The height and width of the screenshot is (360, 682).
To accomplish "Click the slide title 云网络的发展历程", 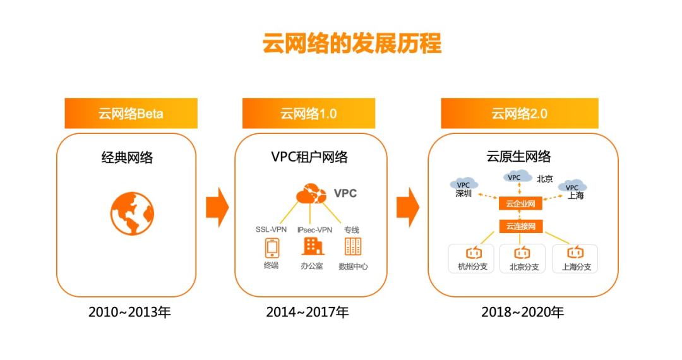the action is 352,43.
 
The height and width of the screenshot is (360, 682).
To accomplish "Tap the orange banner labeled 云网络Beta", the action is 131,114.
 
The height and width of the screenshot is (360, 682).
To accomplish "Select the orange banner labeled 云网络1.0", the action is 308,114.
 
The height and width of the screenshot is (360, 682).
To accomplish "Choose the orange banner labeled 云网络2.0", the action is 519,114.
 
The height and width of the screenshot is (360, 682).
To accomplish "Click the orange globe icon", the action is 132,213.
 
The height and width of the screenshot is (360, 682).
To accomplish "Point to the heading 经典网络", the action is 127,157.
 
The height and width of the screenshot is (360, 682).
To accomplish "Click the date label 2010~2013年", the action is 129,312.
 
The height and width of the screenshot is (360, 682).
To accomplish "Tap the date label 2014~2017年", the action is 308,312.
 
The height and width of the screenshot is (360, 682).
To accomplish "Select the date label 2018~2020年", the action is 522,312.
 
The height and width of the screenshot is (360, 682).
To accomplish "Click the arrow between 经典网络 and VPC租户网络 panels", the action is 217,207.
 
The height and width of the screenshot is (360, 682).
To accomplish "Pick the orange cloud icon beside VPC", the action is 311,194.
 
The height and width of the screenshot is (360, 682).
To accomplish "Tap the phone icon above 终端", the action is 272,248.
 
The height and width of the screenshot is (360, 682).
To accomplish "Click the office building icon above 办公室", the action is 313,246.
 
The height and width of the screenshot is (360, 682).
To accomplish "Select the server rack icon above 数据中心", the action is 353,246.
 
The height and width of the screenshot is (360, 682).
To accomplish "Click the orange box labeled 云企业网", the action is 520,203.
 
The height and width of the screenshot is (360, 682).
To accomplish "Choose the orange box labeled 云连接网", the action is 520,226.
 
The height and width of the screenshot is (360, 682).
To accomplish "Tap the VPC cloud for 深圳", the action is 464,184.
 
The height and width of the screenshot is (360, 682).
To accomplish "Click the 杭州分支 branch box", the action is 471,259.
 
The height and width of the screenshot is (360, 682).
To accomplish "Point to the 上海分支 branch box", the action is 575,259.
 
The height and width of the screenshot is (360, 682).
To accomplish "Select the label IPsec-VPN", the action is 314,230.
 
